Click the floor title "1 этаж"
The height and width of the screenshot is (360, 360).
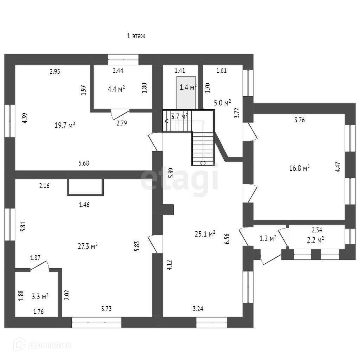click(136, 36)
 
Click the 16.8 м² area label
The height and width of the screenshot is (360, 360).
click(299, 168)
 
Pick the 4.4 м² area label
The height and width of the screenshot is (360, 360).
click(116, 89)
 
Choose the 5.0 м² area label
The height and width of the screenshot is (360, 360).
click(223, 103)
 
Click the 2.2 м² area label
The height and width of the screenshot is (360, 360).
click(315, 240)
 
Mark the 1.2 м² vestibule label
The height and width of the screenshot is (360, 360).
click(268, 239)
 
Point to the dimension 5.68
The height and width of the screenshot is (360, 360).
click(84, 163)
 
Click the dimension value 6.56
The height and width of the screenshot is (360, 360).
click(227, 238)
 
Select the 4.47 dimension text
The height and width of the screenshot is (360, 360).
click(337, 166)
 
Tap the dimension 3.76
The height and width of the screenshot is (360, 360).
click(299, 120)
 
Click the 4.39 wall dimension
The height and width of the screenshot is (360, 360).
click(24, 117)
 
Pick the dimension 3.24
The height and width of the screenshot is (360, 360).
click(198, 309)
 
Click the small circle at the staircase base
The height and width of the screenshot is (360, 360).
click(203, 163)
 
